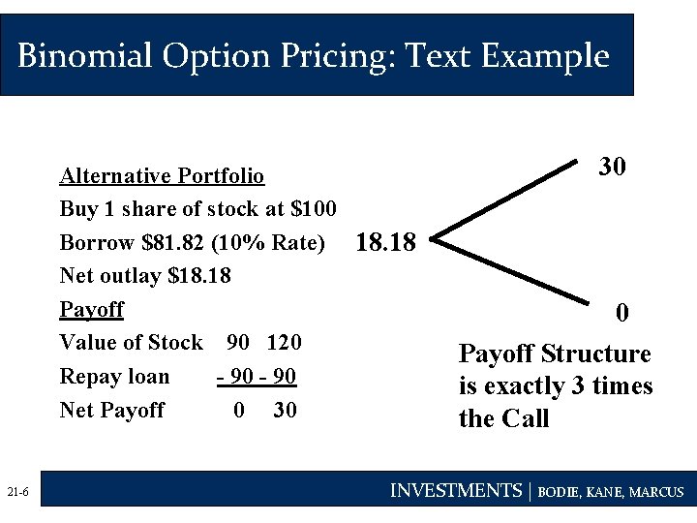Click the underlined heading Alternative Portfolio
(162, 176)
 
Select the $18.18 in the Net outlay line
(199, 276)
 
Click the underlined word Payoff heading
(92, 310)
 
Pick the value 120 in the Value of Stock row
(284, 343)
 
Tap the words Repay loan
(114, 377)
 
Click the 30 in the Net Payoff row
(285, 411)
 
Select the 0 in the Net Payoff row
(239, 411)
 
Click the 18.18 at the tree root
(386, 242)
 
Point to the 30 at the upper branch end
(612, 167)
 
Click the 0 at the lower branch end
(622, 313)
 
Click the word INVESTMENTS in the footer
(455, 491)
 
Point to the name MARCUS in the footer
(655, 492)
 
